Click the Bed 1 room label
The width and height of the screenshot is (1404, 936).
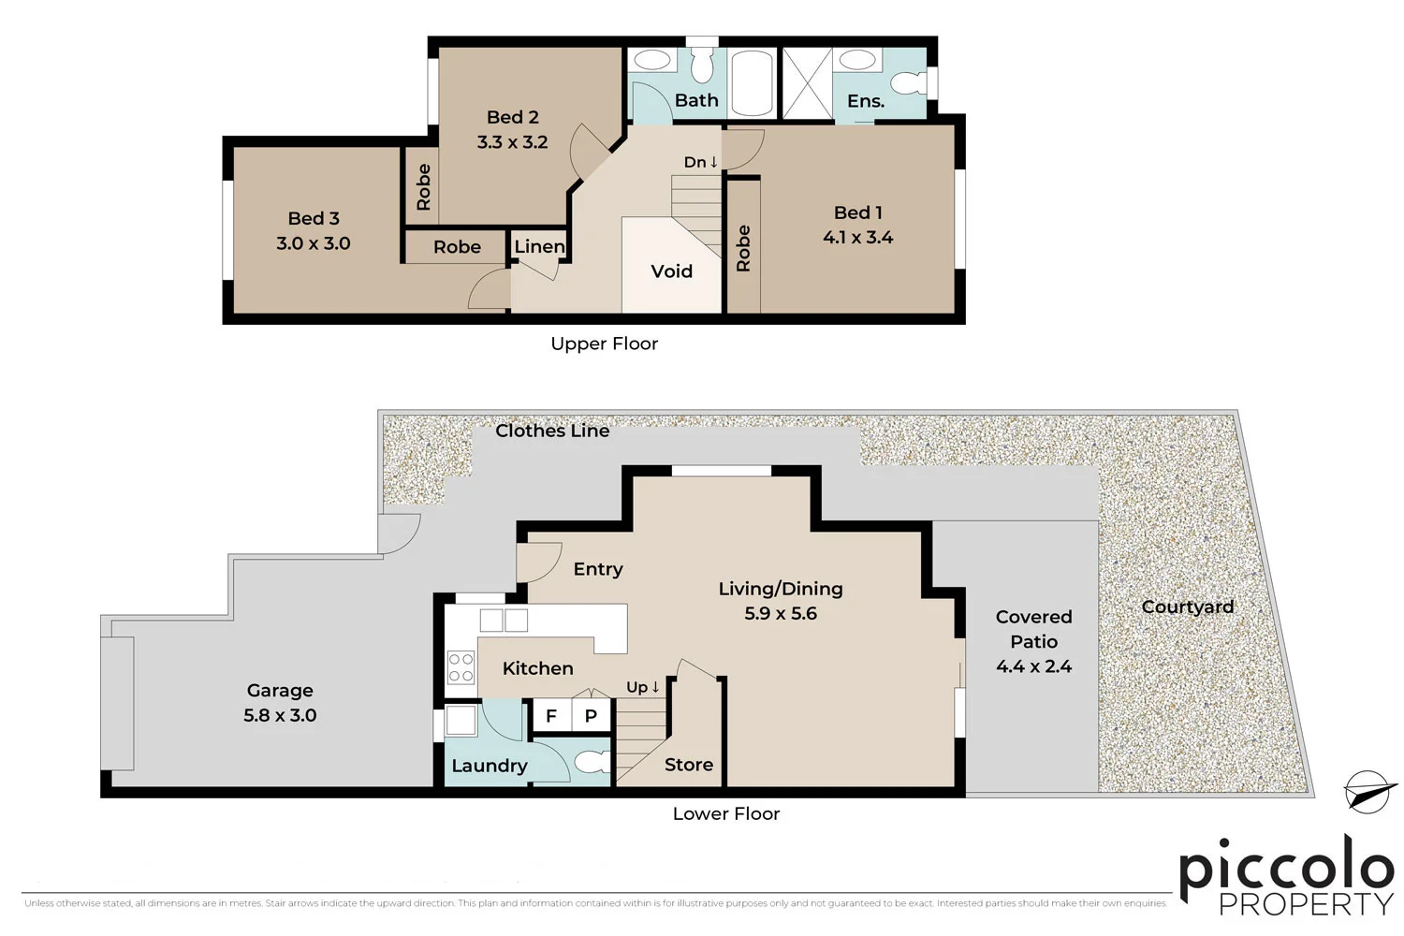click(x=857, y=212)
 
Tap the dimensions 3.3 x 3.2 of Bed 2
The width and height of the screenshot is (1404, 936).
click(x=512, y=142)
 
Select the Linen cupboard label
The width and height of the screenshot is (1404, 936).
click(x=539, y=246)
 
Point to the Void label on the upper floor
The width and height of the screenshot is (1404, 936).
click(x=671, y=271)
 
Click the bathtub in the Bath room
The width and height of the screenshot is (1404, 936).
click(x=751, y=82)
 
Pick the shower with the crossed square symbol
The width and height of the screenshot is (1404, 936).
click(x=806, y=82)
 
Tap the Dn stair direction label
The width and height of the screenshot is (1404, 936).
click(x=700, y=162)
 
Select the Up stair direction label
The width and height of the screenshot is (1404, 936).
click(x=643, y=687)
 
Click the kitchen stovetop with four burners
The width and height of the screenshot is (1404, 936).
click(x=461, y=667)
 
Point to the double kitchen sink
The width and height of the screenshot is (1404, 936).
click(x=504, y=620)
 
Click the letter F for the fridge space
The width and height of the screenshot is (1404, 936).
click(x=551, y=716)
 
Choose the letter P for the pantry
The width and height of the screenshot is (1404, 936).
click(x=591, y=716)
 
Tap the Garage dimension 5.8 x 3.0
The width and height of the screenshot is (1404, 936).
click(x=280, y=715)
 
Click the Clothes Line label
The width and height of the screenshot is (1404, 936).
click(x=552, y=431)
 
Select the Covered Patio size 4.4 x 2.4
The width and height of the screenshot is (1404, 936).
click(x=1033, y=666)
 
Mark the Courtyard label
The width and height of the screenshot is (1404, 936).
click(x=1187, y=607)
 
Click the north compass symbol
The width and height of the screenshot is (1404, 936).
click(x=1369, y=792)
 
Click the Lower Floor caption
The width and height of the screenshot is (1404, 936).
click(x=725, y=813)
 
